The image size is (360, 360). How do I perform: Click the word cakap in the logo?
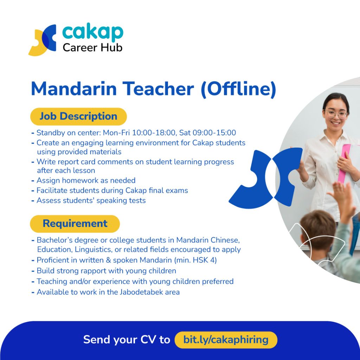93,33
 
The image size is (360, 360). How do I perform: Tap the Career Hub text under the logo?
92,48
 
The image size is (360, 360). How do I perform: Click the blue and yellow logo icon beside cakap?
43,40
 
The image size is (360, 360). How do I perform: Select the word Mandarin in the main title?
74,89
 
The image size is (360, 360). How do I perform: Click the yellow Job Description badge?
78,116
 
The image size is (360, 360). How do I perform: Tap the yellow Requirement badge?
75,224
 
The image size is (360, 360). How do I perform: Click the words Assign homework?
67,180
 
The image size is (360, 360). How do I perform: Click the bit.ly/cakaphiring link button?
226,340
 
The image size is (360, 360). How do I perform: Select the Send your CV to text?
127,340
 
